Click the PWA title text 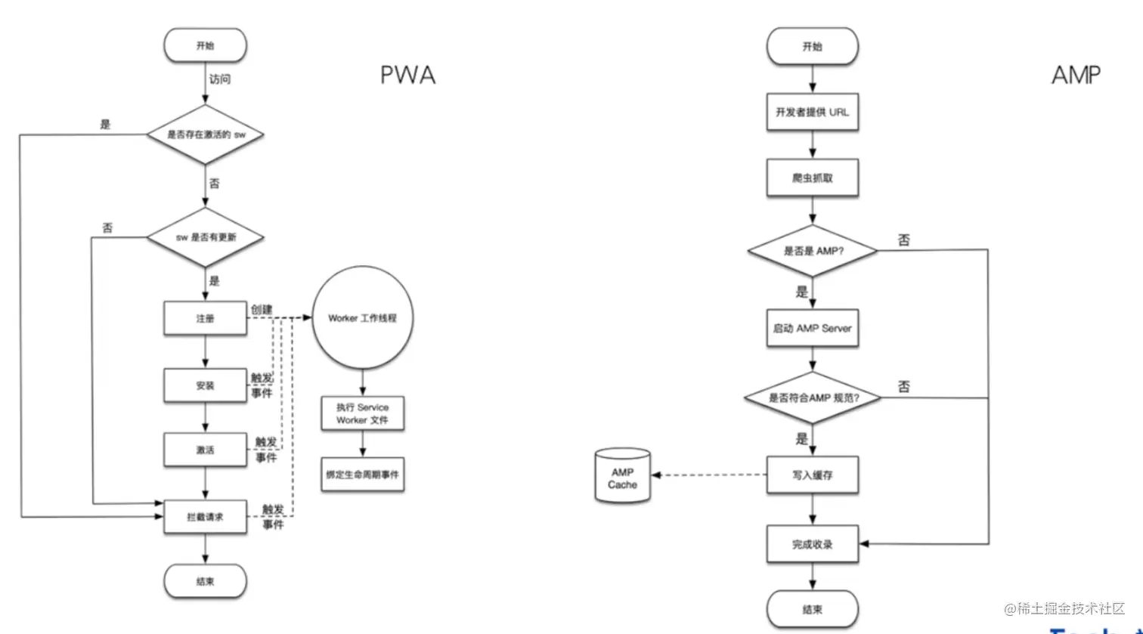click(407, 76)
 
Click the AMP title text click(1076, 75)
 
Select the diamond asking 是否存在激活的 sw click(205, 135)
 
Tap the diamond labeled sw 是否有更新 click(205, 238)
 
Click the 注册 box click(205, 319)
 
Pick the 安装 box click(205, 385)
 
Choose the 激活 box click(205, 450)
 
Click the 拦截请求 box click(205, 517)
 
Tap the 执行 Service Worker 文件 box click(362, 413)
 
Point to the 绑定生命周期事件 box click(362, 475)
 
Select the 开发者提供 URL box click(812, 112)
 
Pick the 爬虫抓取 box click(812, 178)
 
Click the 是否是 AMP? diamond click(812, 251)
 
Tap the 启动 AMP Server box click(812, 329)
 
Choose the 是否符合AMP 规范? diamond click(812, 397)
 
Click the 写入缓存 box click(812, 476)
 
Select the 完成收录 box click(812, 544)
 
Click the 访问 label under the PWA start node click(220, 79)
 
